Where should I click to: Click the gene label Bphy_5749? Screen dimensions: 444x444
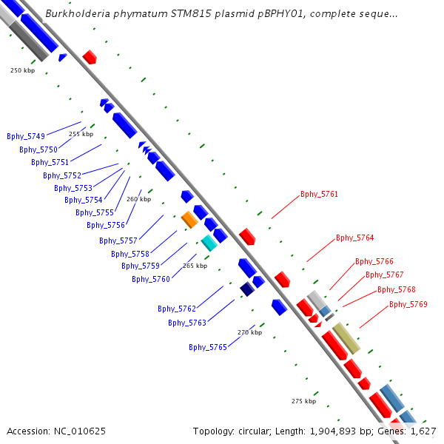tap(26, 136)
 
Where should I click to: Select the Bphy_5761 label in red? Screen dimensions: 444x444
tap(319, 195)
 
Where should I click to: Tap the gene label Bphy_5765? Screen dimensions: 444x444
tap(207, 347)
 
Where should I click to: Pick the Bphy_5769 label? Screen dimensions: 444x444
tap(408, 304)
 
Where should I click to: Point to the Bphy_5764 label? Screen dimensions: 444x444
tap(354, 238)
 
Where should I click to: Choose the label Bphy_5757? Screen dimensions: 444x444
tap(118, 240)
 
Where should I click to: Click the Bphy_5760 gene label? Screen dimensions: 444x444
tap(151, 279)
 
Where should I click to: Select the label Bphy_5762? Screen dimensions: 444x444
tap(176, 309)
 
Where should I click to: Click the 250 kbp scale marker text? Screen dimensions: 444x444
tap(22, 70)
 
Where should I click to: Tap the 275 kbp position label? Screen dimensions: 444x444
tap(303, 401)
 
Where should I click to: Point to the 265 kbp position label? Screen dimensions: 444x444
tap(195, 266)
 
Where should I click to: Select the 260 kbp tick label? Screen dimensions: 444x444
tap(138, 199)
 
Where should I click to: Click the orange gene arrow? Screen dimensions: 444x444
tap(189, 220)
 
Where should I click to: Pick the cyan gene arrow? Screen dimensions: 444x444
tap(209, 242)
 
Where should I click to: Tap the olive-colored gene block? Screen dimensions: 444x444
tap(346, 338)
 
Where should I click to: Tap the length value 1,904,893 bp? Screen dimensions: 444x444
tap(341, 431)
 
